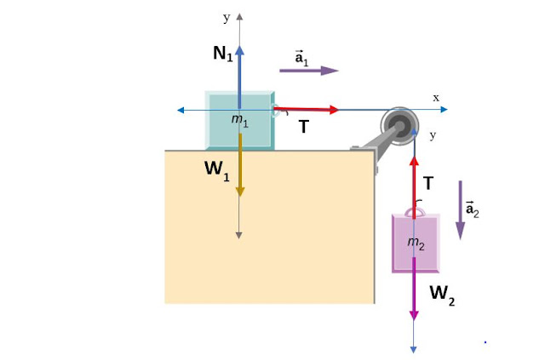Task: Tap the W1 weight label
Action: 217,169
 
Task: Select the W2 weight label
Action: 442,294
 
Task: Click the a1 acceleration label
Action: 301,58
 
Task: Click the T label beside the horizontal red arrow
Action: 303,127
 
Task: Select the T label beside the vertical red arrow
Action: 428,183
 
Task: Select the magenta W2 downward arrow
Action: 414,289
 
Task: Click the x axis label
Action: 436,98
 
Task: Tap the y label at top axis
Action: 227,16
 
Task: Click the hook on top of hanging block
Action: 415,210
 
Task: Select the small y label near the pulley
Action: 433,135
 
